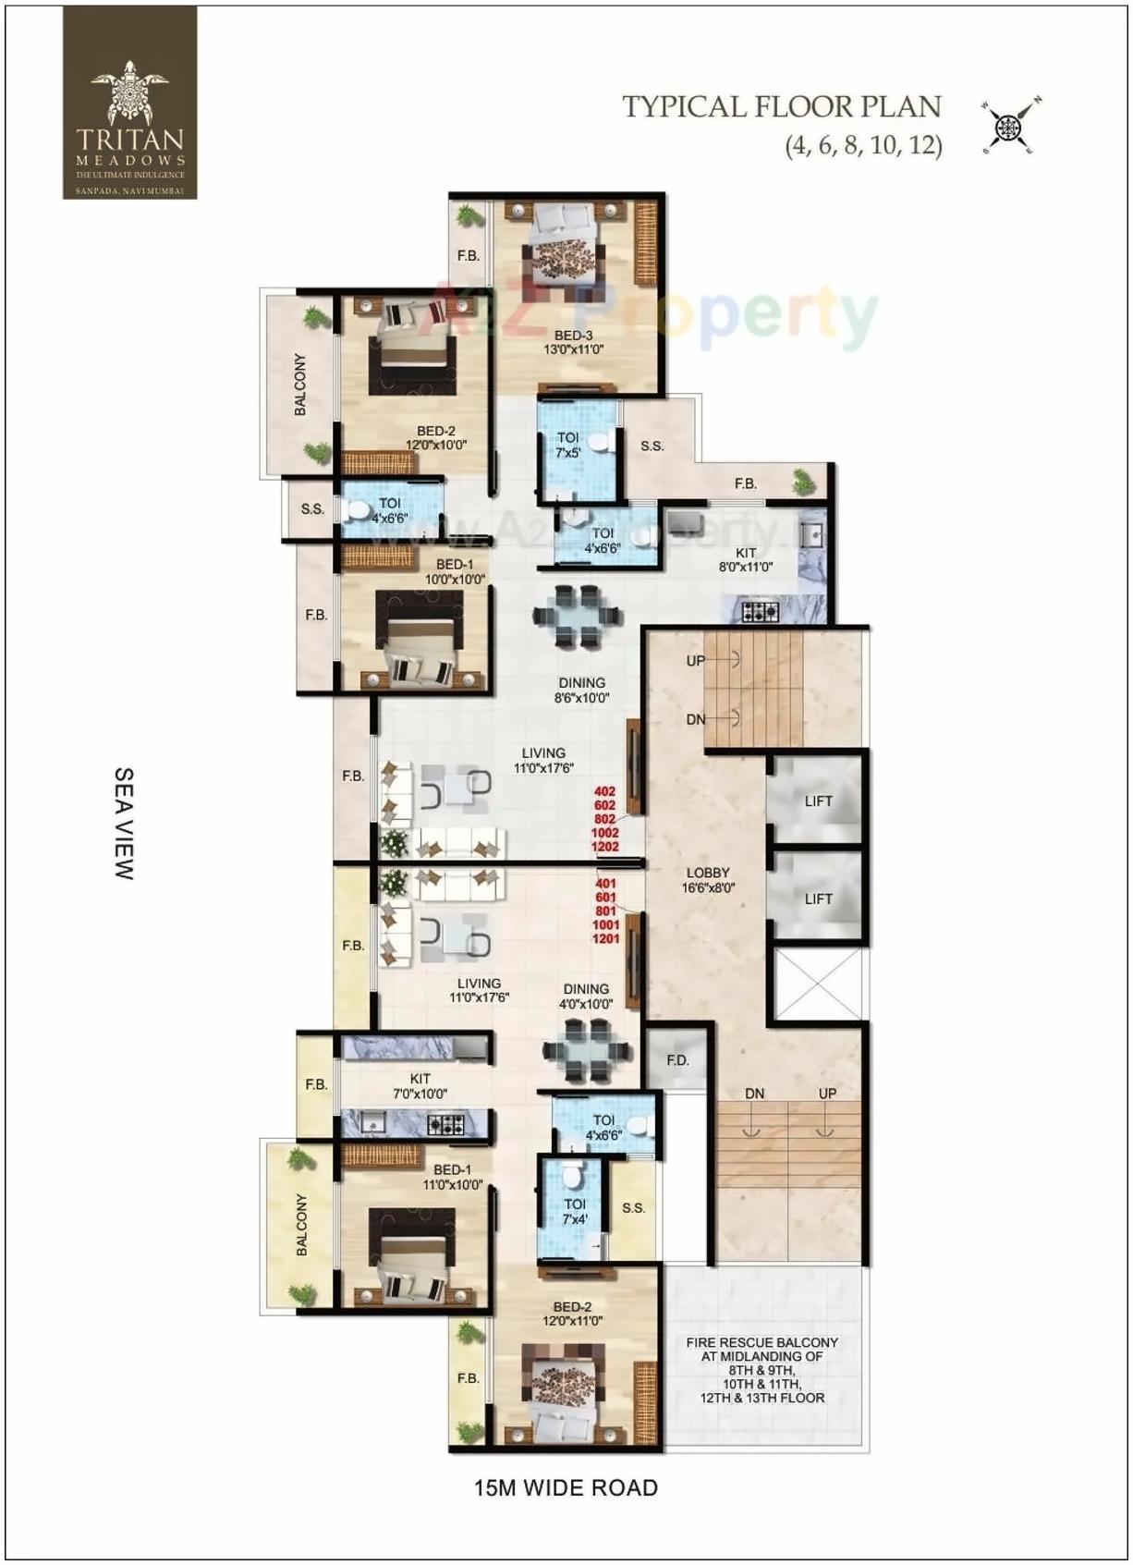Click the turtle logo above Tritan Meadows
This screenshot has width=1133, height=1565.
click(130, 92)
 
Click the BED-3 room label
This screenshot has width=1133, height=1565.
click(574, 336)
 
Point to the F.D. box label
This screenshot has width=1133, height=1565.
click(678, 1060)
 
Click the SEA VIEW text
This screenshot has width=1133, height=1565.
click(125, 823)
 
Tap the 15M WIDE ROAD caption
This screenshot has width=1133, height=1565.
click(566, 1487)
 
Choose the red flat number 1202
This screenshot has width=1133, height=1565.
click(605, 847)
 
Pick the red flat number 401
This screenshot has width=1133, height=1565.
click(605, 884)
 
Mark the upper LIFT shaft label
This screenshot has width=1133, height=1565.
click(818, 801)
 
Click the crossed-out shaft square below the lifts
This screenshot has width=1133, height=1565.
click(817, 983)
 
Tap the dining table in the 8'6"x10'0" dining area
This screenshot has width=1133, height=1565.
click(577, 616)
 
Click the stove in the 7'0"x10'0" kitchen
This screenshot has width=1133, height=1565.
click(445, 1124)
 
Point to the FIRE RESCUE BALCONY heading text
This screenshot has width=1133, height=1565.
click(761, 1342)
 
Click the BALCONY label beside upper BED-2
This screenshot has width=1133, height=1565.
click(300, 384)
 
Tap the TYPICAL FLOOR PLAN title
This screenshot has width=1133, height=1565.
click(781, 107)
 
